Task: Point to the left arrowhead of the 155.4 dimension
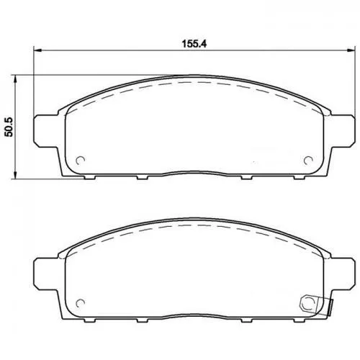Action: pos(37,50)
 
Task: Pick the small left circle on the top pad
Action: pos(81,161)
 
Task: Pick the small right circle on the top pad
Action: pos(309,160)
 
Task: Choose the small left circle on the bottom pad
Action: pos(81,302)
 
